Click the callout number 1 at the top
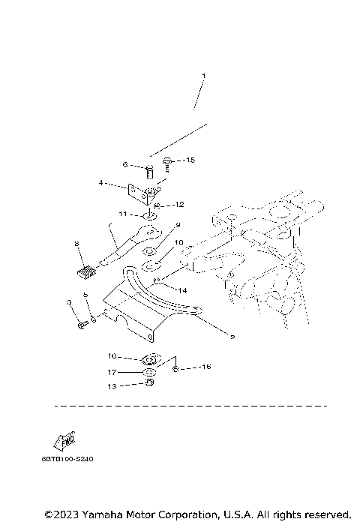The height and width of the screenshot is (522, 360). point(202,76)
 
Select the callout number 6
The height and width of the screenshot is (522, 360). point(126,165)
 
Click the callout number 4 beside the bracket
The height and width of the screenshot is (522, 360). point(100,181)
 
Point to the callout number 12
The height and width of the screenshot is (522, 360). point(180,204)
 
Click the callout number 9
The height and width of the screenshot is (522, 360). point(178,224)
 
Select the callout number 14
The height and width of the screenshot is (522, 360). point(182,289)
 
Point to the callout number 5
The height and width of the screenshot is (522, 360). point(86,295)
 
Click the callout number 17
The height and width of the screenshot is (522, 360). point(110,372)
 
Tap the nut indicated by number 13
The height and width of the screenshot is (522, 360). point(148,384)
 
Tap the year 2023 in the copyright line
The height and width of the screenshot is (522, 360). point(65,515)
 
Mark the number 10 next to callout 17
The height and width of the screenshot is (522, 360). point(110,355)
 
